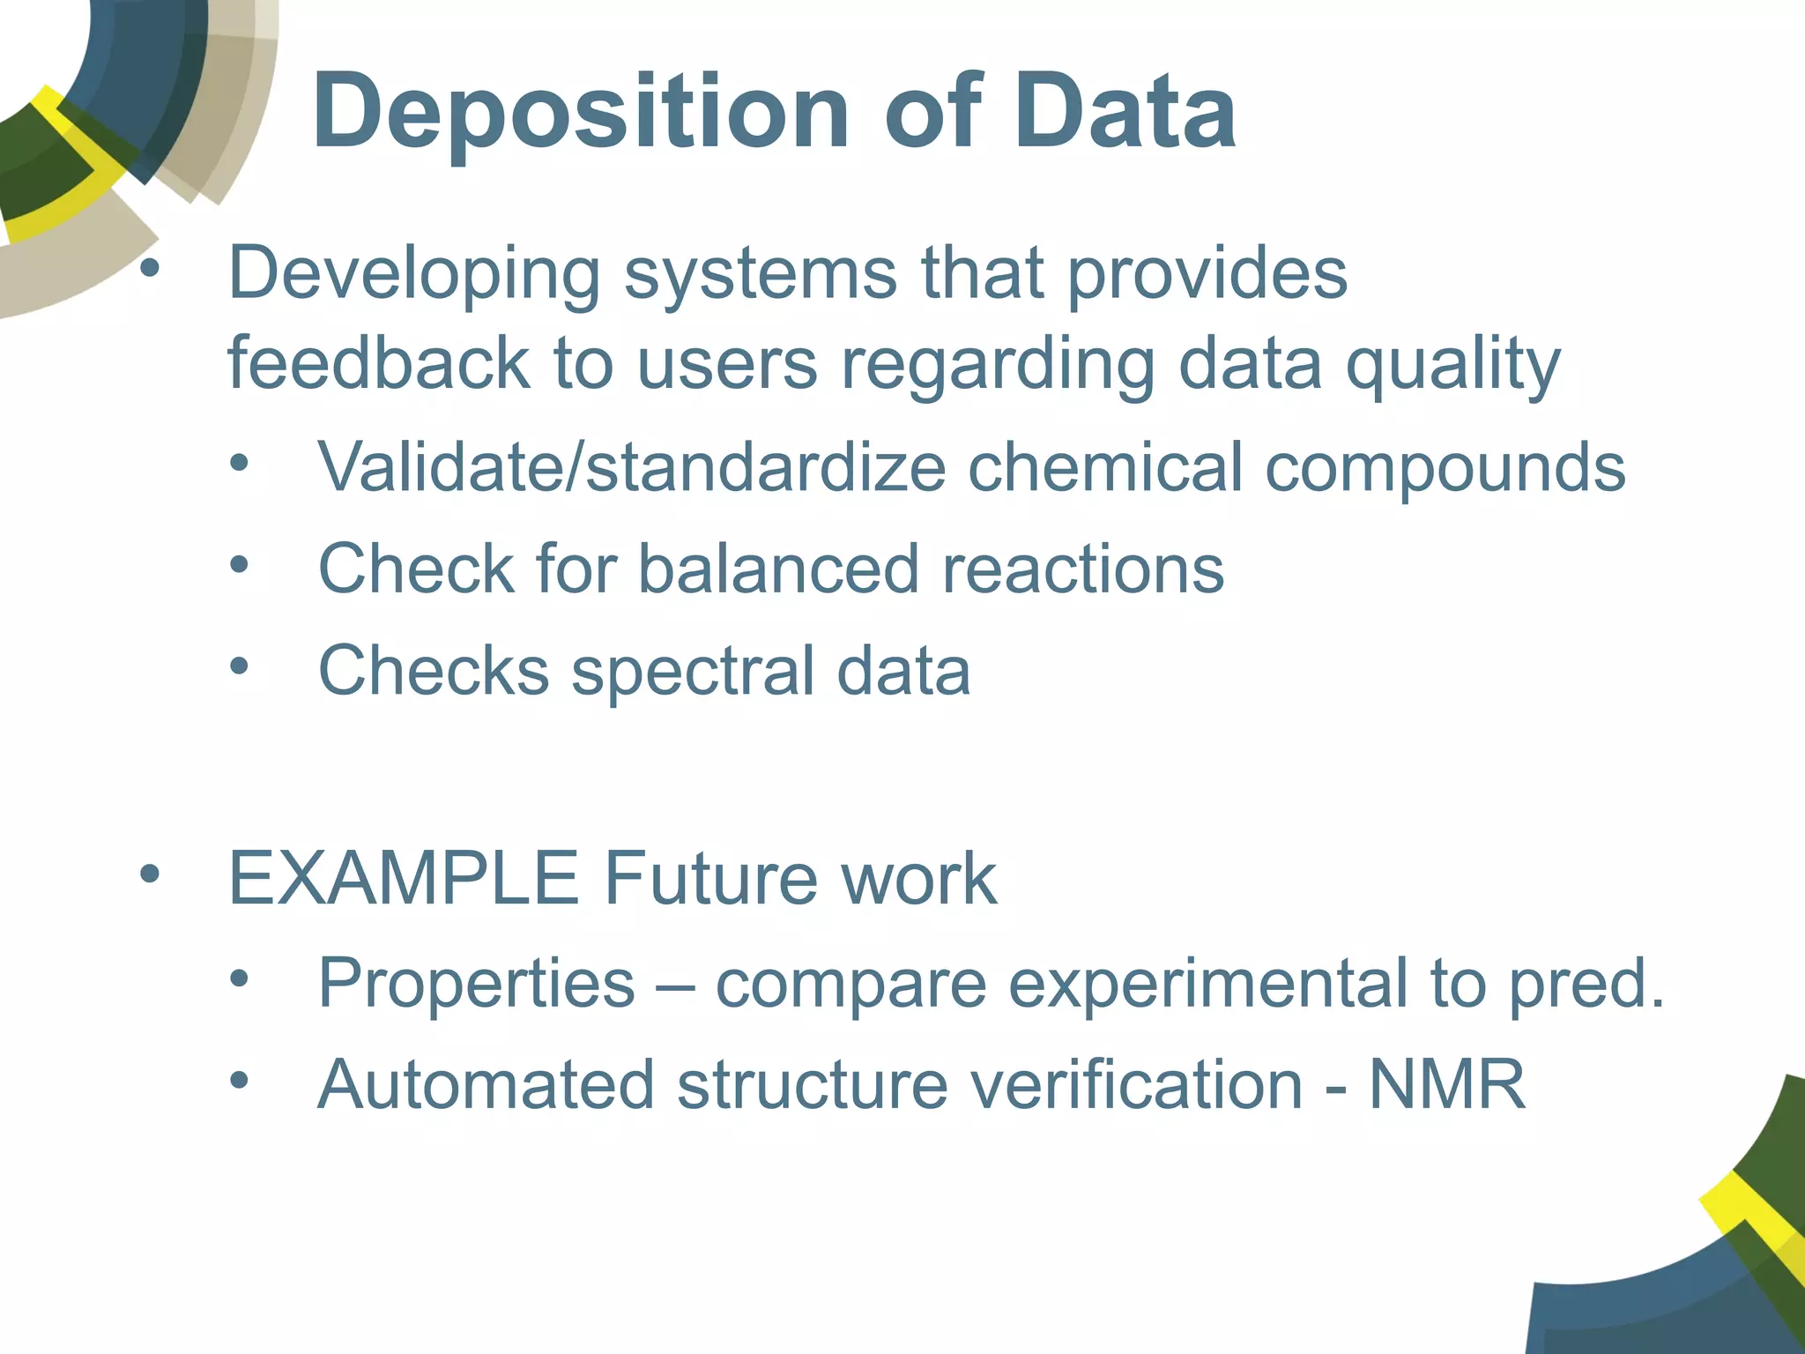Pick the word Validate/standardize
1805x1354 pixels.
631,467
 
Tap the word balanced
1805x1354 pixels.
779,569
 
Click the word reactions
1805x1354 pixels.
1083,569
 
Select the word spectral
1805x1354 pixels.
693,672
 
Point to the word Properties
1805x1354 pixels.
476,983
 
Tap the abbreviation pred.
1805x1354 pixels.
1586,985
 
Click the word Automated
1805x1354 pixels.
487,1085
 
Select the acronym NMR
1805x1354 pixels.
1446,1085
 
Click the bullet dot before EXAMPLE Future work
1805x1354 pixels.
150,874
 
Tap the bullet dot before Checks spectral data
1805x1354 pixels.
239,666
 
